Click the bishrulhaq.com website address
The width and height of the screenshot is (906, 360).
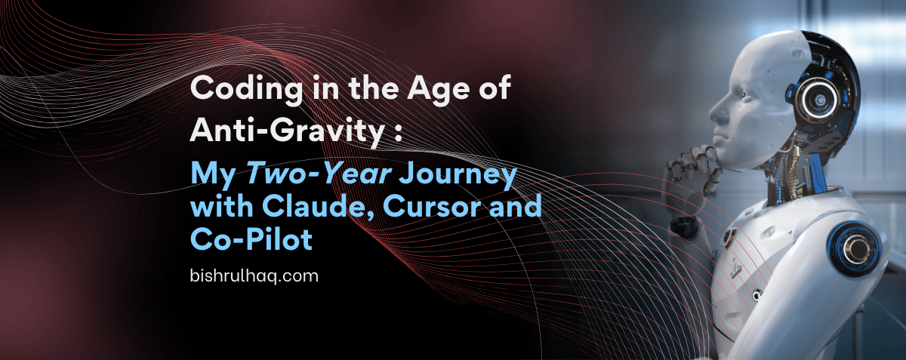pos(254,275)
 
